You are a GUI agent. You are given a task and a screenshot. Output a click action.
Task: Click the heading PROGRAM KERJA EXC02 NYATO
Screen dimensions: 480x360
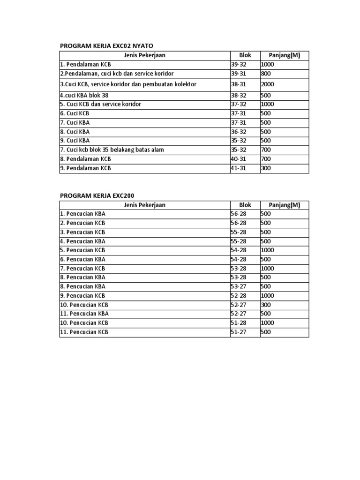106,45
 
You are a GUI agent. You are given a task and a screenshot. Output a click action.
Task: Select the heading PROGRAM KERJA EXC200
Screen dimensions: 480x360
99,195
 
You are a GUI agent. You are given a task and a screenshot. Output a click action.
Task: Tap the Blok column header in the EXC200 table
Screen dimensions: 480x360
245,205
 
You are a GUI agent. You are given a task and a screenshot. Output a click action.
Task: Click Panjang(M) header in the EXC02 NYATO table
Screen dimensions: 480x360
284,55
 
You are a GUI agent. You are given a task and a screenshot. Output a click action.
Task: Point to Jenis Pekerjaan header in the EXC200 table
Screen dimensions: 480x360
144,205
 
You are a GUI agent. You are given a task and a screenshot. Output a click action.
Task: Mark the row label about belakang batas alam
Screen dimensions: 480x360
112,150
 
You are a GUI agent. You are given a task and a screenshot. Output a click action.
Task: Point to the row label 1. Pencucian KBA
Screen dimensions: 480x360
82,214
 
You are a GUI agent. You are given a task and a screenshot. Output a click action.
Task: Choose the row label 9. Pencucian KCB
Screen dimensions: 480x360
82,296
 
